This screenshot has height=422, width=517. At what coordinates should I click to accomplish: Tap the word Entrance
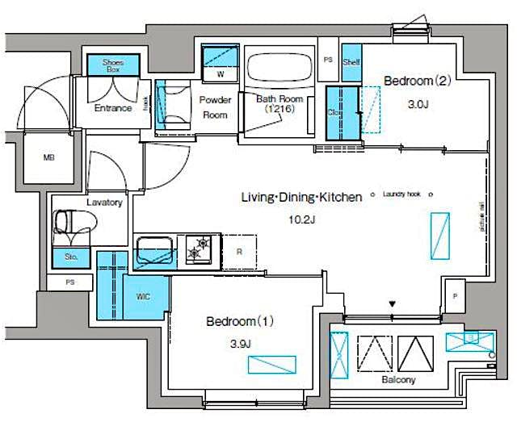click(113, 108)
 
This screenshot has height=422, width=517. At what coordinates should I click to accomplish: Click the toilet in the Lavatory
click(71, 222)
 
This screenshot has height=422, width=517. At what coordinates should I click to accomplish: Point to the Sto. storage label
click(70, 258)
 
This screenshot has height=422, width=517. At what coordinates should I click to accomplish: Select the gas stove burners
click(199, 249)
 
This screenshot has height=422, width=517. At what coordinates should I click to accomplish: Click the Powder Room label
click(215, 107)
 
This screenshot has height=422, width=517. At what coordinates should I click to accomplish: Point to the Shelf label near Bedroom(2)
click(351, 61)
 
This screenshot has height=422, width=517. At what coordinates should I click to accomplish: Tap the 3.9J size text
click(241, 344)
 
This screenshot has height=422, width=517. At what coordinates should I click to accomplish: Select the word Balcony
click(397, 379)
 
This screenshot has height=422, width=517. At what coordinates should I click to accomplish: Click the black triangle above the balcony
click(393, 304)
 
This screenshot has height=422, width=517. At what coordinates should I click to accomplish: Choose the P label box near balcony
click(455, 297)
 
